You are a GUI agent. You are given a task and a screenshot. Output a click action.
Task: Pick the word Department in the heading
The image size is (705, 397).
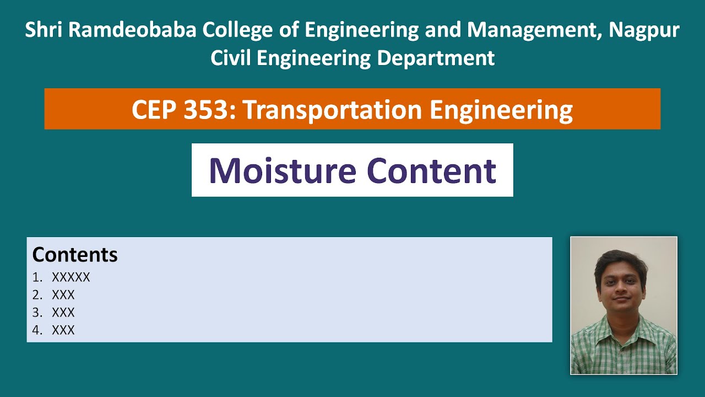436,58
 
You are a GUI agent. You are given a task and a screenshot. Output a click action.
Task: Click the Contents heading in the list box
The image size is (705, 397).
75,255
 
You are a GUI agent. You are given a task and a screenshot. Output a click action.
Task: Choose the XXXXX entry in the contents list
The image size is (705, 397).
71,277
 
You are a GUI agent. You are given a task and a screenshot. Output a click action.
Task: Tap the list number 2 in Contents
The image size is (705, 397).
36,295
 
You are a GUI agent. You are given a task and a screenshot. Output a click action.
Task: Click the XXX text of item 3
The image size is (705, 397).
63,313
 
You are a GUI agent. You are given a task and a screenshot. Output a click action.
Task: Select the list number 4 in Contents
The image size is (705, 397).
36,330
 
